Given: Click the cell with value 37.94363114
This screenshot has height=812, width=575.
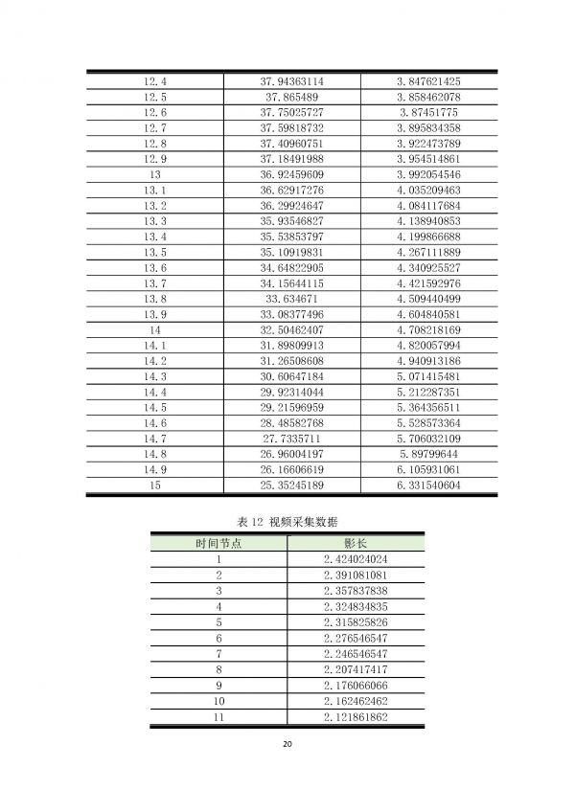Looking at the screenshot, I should coord(291,81).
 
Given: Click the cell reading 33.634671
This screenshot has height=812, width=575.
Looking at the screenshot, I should coord(291,299).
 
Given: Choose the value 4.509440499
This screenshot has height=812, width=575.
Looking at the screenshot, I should coord(428,299).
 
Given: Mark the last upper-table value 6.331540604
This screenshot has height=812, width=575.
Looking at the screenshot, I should coord(428,485).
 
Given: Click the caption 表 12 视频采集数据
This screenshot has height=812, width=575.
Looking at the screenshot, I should coord(287,521).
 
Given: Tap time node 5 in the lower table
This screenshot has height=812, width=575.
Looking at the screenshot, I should coord(218,621).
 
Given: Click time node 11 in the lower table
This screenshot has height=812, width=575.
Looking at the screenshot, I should coord(218,715).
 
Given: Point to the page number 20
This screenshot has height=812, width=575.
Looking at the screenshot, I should coord(287,744).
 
